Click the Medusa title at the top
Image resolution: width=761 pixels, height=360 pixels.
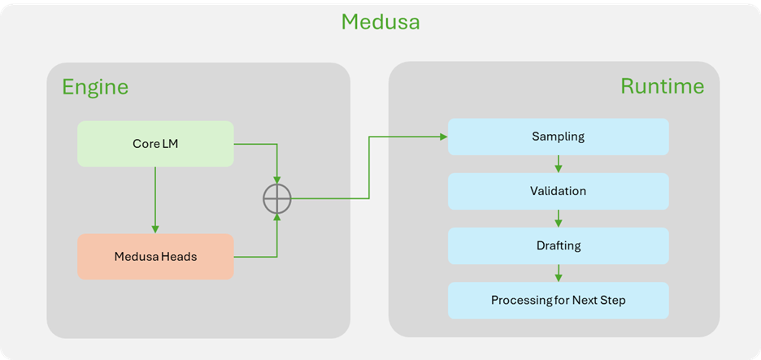[x=380, y=21]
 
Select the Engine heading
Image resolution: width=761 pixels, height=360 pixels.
[x=95, y=86]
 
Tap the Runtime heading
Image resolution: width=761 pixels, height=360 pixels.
[x=662, y=86]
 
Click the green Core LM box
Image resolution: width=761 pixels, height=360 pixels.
[x=155, y=144]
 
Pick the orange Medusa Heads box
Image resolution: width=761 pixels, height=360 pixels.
[x=155, y=257]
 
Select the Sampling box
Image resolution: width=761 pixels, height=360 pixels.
[x=558, y=137]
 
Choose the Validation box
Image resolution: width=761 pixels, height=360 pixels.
[x=558, y=191]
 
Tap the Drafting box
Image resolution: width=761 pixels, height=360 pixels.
[x=558, y=245]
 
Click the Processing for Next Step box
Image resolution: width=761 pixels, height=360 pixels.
[x=558, y=300]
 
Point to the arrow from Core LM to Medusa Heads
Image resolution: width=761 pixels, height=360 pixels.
[x=155, y=200]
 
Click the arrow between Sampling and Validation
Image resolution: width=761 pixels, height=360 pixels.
[x=558, y=164]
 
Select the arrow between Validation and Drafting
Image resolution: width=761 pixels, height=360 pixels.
[x=558, y=219]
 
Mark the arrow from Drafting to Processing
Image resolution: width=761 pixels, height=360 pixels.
[x=558, y=273]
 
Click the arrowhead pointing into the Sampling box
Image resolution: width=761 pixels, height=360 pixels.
[x=444, y=137]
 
